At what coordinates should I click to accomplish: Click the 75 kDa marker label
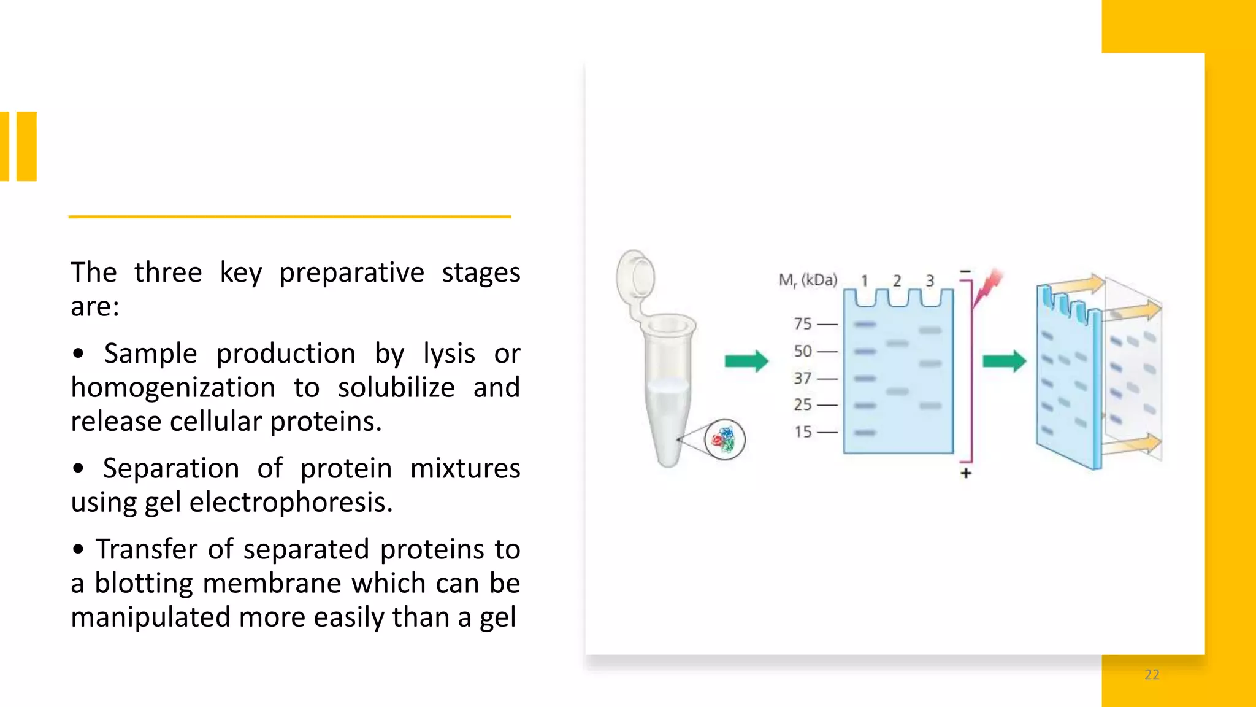(802, 323)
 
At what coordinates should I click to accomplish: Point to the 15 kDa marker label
(802, 432)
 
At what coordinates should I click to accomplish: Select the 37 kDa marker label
(802, 378)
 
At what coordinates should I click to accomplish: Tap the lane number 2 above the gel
(897, 281)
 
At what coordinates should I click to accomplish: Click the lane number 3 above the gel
(930, 281)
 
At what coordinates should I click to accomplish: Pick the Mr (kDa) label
(808, 280)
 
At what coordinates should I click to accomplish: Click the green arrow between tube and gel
(746, 361)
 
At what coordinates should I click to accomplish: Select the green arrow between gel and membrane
(1004, 361)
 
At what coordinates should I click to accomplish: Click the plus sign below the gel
(966, 473)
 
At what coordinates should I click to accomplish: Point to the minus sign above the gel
(965, 271)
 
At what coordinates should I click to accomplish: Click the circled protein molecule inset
(724, 439)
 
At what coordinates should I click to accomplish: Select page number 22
(1152, 675)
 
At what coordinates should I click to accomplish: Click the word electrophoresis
(291, 503)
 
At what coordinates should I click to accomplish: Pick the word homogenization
(173, 388)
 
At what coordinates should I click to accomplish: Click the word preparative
(351, 273)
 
